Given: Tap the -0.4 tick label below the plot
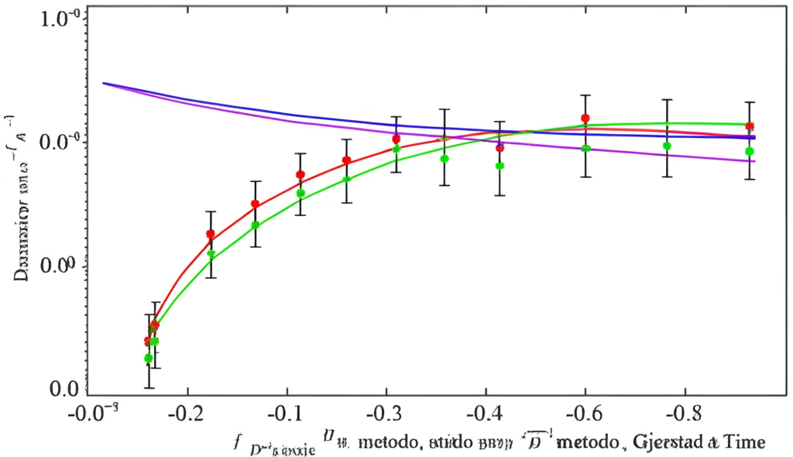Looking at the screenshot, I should [x=485, y=410].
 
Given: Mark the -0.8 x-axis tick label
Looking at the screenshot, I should [x=683, y=410].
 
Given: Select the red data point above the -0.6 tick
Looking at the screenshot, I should [x=585, y=119].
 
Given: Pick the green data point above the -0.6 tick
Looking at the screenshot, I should [x=586, y=149].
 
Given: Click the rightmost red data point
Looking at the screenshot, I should [x=750, y=126].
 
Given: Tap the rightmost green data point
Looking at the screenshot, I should [x=750, y=152].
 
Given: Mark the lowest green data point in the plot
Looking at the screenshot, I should [x=148, y=358].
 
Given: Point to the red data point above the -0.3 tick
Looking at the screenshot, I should [x=396, y=139].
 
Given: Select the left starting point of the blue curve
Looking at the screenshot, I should [x=104, y=83].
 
